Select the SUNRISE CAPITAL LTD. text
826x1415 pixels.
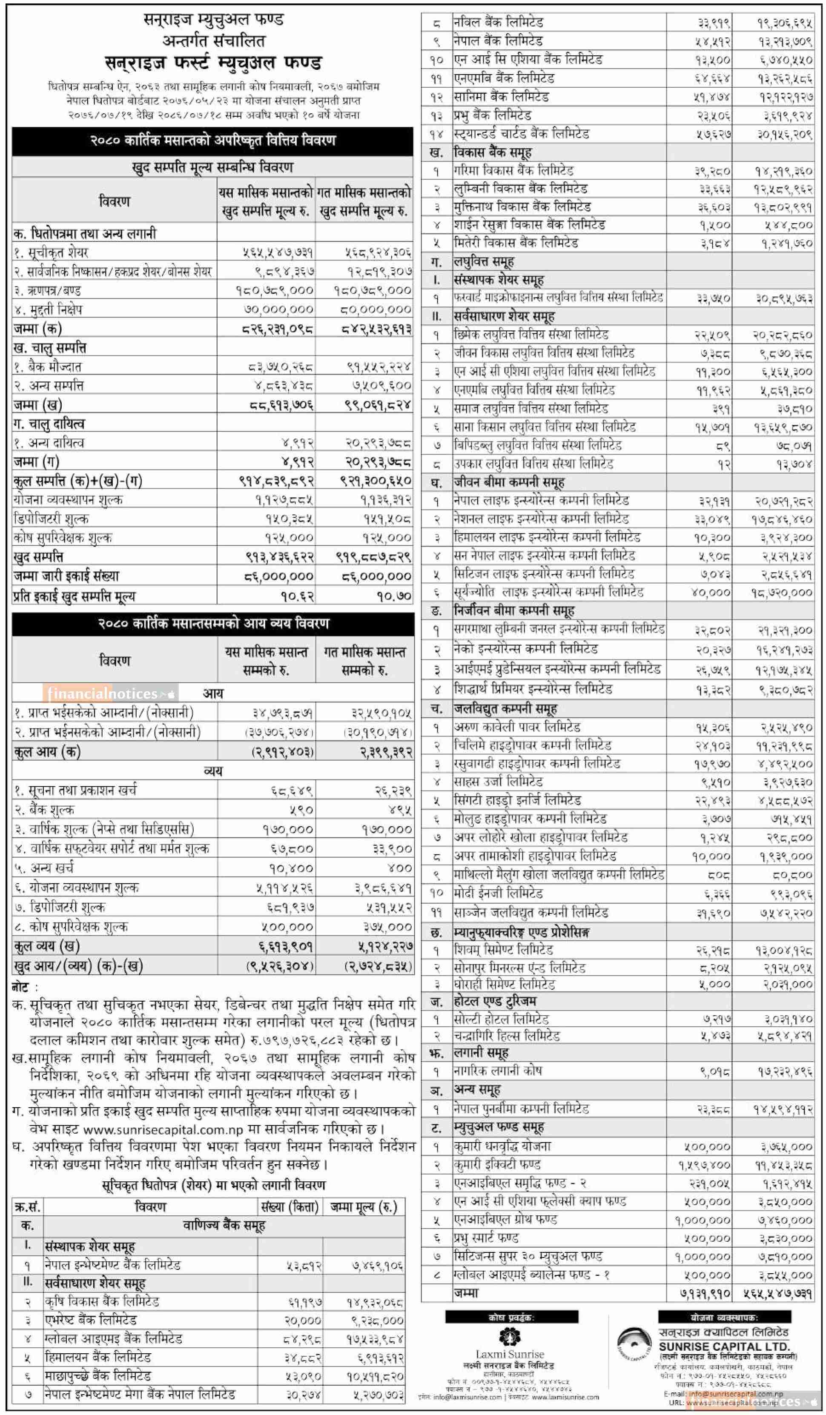pyautogui.click(x=724, y=1346)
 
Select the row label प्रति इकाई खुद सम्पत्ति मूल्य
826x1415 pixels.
pyautogui.click(x=74, y=596)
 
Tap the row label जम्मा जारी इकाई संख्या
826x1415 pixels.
pyautogui.click(x=66, y=576)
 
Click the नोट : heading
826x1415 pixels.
pyautogui.click(x=25, y=987)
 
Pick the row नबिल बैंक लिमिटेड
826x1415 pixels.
pyautogui.click(x=498, y=23)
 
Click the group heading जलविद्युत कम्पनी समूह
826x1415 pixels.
pyautogui.click(x=505, y=709)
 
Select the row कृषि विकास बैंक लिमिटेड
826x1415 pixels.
pyautogui.click(x=102, y=1302)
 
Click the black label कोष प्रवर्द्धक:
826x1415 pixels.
pyautogui.click(x=511, y=1317)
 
